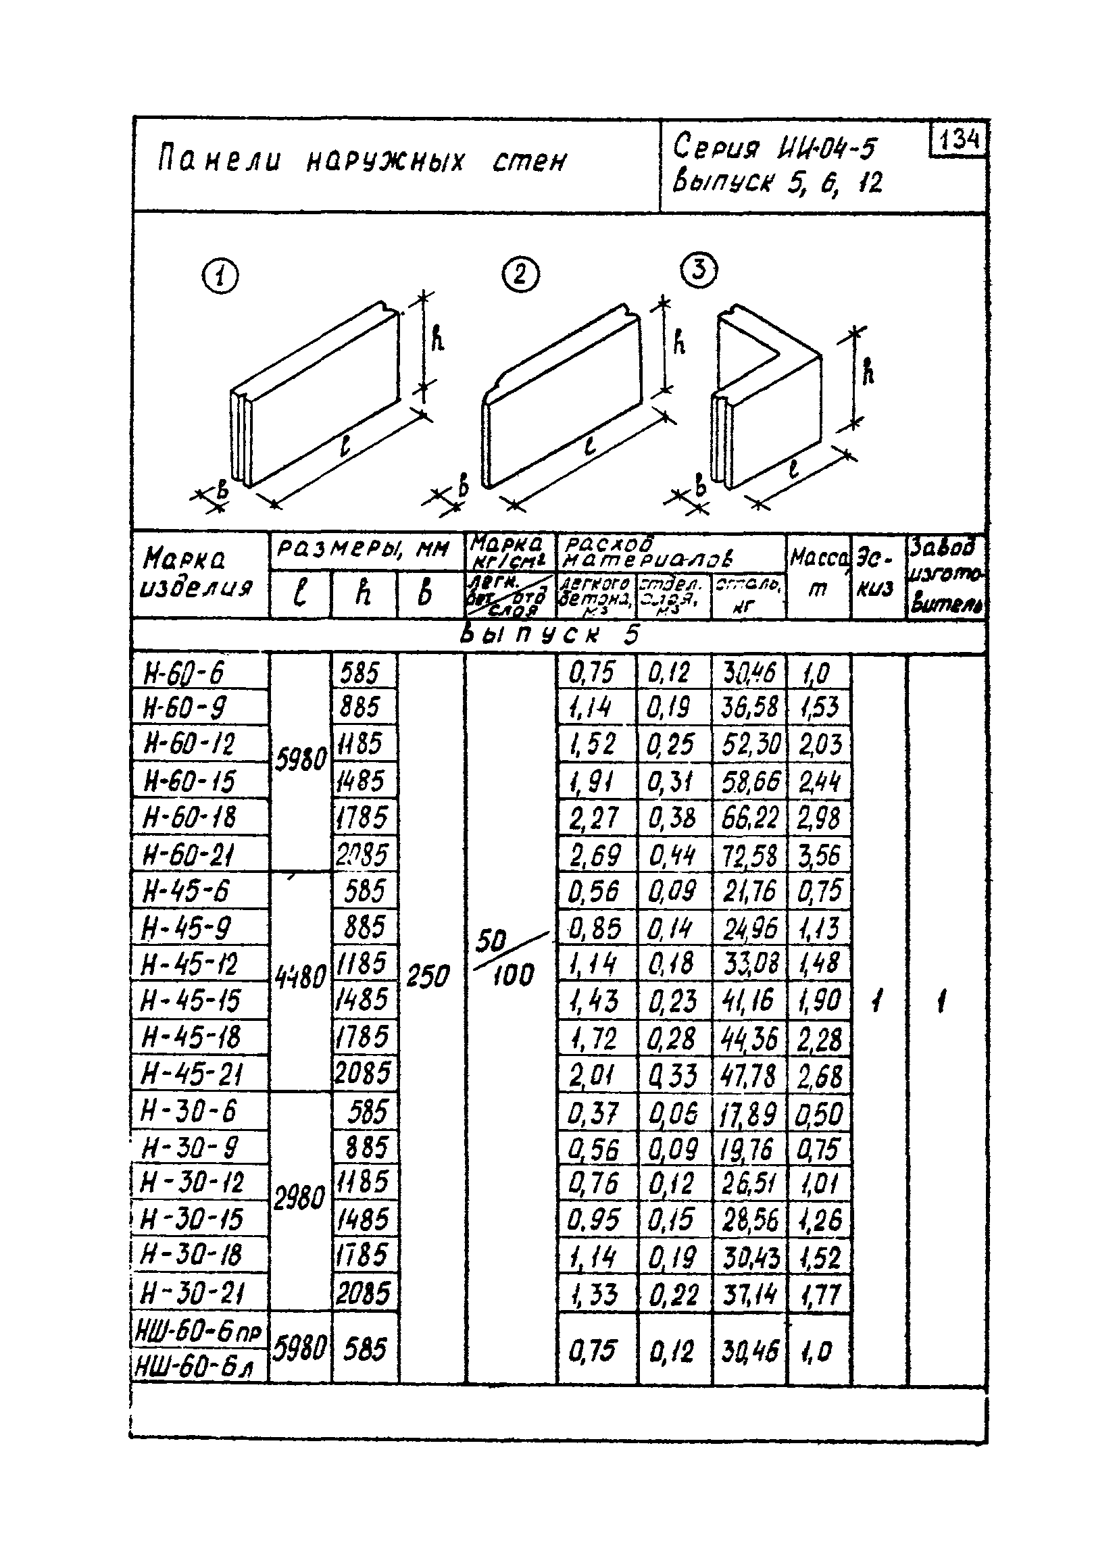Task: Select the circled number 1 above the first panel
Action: tap(220, 277)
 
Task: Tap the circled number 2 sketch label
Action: tap(520, 275)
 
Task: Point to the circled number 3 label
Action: tap(699, 270)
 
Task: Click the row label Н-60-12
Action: tap(188, 744)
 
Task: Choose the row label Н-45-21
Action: tap(191, 1073)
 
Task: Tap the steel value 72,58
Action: tap(750, 855)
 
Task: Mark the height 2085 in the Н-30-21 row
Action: tap(364, 1293)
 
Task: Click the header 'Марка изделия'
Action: tap(197, 575)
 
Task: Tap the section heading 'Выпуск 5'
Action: tap(549, 635)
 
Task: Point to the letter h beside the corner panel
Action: tap(868, 371)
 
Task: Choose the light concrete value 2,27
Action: tap(594, 818)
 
